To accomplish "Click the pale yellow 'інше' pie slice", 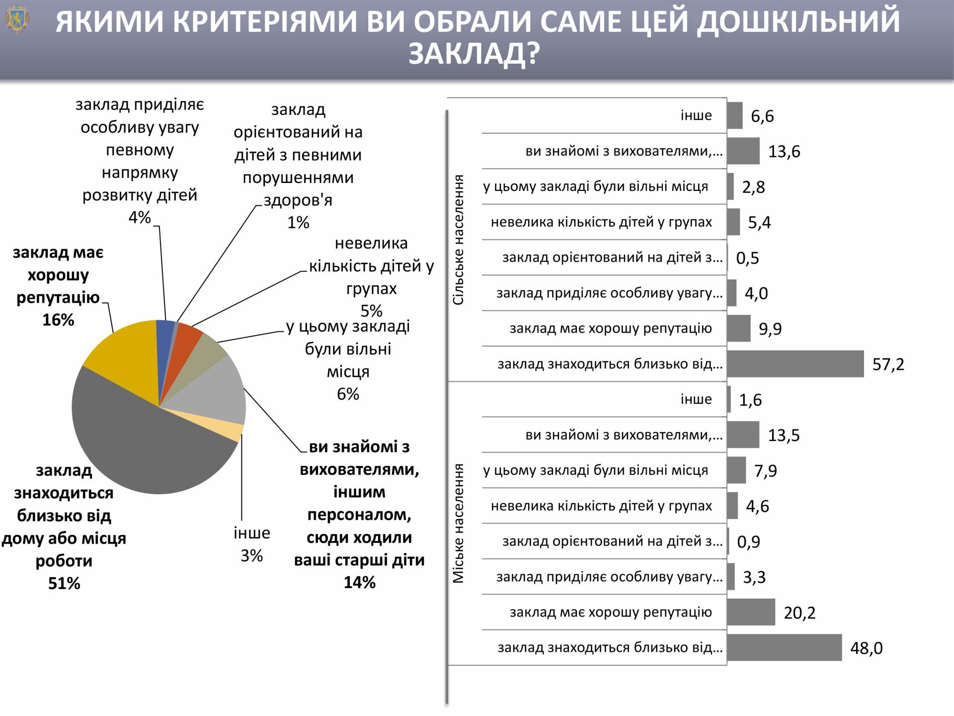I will point(234,432).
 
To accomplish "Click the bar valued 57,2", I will point(795,364).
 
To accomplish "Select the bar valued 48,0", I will point(784,647).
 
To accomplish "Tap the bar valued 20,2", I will point(751,612).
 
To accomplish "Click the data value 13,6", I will point(784,151).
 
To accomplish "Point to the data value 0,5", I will point(747,258).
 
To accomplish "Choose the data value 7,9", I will point(765,470).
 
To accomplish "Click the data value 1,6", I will point(750,400).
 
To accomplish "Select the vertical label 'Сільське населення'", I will point(458,240).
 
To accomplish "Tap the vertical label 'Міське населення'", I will point(458,523).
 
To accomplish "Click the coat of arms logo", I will point(16,20).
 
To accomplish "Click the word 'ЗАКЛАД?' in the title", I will point(474,54).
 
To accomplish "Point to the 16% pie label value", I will point(58,320).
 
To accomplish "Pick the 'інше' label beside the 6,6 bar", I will point(696,115).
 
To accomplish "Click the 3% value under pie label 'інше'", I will point(251,555).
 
